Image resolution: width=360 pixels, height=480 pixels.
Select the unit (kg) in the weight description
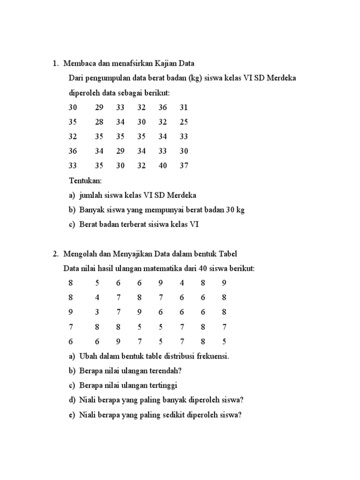tap(195, 78)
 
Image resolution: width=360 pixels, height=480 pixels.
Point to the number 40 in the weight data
tap(163, 165)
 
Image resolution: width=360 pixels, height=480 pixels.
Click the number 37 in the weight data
tap(184, 165)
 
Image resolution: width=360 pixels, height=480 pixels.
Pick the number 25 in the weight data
tap(184, 122)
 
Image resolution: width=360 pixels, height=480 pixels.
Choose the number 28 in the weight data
tap(99, 122)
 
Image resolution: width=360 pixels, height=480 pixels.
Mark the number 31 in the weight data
tap(184, 107)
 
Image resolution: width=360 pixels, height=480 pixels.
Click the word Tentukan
tap(85, 180)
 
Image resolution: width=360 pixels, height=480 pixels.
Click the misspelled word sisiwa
tap(165, 224)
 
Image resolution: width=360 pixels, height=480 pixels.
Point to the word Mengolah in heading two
tap(79, 254)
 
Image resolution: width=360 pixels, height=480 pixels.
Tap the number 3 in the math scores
tap(97, 312)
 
